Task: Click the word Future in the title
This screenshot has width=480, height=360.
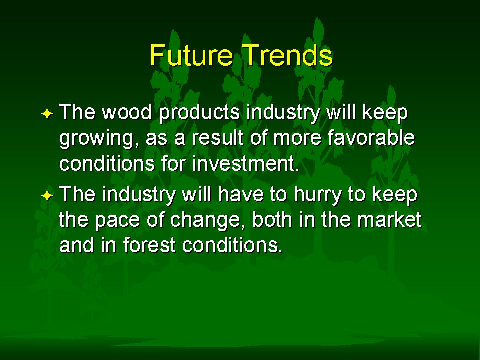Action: click(x=191, y=55)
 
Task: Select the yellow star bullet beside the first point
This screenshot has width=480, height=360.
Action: click(x=47, y=114)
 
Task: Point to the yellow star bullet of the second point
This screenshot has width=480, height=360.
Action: click(x=47, y=195)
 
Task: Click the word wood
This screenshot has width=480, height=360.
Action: click(x=127, y=112)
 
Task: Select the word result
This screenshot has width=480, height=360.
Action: click(x=217, y=138)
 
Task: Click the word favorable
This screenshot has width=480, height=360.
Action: click(x=371, y=138)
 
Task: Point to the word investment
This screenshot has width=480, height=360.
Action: click(x=245, y=163)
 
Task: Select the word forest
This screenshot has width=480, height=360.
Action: click(x=149, y=245)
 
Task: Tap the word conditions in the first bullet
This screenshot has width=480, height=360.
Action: click(x=107, y=163)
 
